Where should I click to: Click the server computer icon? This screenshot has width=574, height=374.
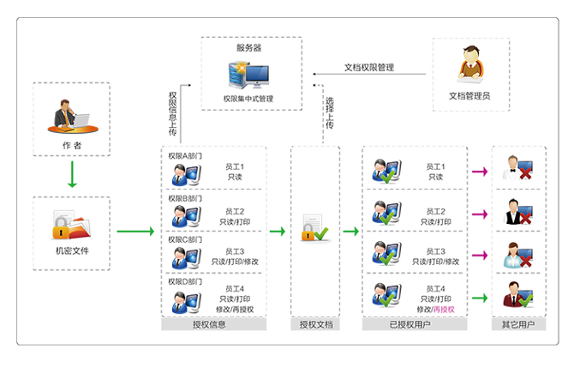249,76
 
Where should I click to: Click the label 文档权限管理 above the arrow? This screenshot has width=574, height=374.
368,67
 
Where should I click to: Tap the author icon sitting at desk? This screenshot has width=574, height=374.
72,115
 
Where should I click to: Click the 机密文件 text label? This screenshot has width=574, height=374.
72,251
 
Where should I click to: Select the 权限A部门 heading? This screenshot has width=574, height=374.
185,155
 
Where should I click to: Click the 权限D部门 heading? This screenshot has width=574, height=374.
185,281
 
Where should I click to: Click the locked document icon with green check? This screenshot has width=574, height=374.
314,231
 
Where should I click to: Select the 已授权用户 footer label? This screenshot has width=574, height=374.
415,325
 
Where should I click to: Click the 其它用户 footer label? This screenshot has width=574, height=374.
517,325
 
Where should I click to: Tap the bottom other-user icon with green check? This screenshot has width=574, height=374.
517,295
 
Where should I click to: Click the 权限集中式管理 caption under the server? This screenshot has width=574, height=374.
249,100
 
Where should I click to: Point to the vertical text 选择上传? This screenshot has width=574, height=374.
329,113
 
